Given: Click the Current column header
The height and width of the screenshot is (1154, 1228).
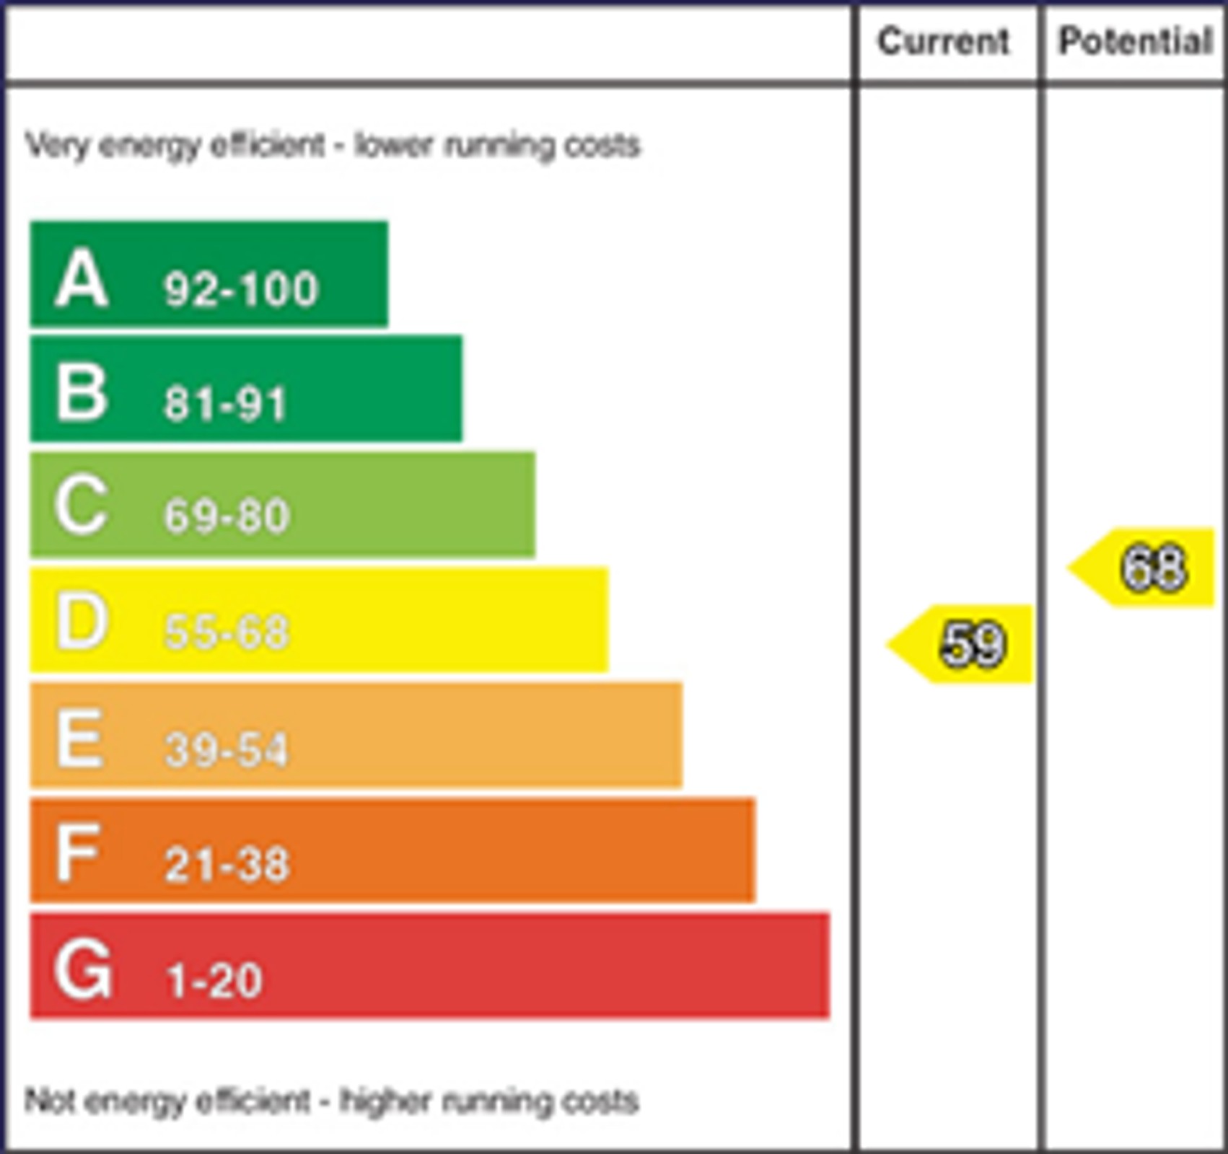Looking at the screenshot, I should pyautogui.click(x=943, y=41).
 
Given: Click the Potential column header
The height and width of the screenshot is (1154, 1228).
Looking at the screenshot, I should pyautogui.click(x=1135, y=41).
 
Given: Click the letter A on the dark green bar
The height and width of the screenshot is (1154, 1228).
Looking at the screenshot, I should pyautogui.click(x=82, y=278).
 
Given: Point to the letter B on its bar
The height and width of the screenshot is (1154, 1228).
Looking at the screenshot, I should pyautogui.click(x=82, y=393).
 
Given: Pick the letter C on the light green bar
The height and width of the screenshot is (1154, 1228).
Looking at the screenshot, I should pyautogui.click(x=82, y=506).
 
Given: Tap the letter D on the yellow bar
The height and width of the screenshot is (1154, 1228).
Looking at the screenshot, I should pyautogui.click(x=82, y=622).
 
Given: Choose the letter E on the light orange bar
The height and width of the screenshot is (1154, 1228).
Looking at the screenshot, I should pyautogui.click(x=79, y=737).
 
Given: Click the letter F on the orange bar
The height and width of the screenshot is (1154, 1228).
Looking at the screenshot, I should pyautogui.click(x=77, y=853).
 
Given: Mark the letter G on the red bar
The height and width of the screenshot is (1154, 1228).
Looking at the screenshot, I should pyautogui.click(x=83, y=969).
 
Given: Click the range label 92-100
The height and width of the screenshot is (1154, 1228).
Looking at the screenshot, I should pyautogui.click(x=240, y=290).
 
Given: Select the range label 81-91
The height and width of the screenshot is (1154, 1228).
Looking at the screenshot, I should pyautogui.click(x=225, y=403).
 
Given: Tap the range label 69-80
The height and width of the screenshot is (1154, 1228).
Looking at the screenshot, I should pyautogui.click(x=227, y=516).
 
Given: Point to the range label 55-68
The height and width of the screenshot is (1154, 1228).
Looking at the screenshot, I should pyautogui.click(x=227, y=632).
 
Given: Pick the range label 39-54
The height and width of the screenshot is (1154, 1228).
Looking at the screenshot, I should pyautogui.click(x=226, y=749).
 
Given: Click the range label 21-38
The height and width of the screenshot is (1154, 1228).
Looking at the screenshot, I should pyautogui.click(x=227, y=864).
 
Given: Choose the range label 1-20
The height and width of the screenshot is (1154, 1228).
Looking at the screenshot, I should pyautogui.click(x=214, y=980).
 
